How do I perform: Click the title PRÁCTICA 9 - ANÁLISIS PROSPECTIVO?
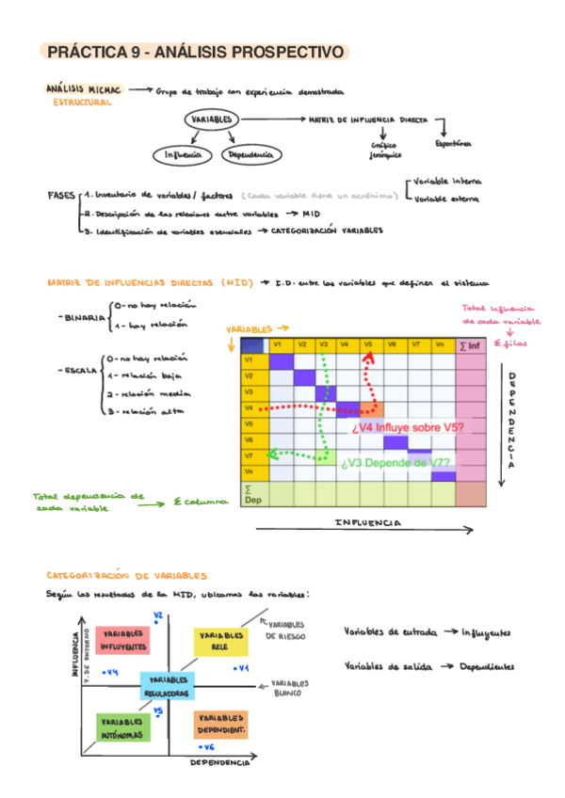point(195,53)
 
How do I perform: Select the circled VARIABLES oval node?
point(212,120)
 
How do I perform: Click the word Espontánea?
point(452,144)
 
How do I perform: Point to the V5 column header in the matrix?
point(369,345)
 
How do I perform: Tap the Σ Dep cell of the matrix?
point(252,494)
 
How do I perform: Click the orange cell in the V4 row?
point(370,408)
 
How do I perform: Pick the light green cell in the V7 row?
point(325,456)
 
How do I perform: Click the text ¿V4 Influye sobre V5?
point(407,428)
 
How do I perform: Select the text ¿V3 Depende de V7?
point(395,462)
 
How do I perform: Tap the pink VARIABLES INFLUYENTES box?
point(121,641)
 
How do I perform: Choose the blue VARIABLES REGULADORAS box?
point(168,685)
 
